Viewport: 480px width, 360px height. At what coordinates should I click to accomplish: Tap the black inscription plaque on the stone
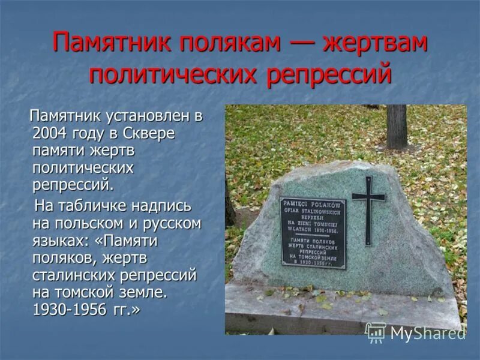(x=313, y=233)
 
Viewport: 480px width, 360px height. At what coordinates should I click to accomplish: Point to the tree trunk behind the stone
(x=397, y=126)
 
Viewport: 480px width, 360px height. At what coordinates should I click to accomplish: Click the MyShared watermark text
(x=427, y=333)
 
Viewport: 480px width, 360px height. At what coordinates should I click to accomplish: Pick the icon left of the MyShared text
(x=376, y=332)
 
